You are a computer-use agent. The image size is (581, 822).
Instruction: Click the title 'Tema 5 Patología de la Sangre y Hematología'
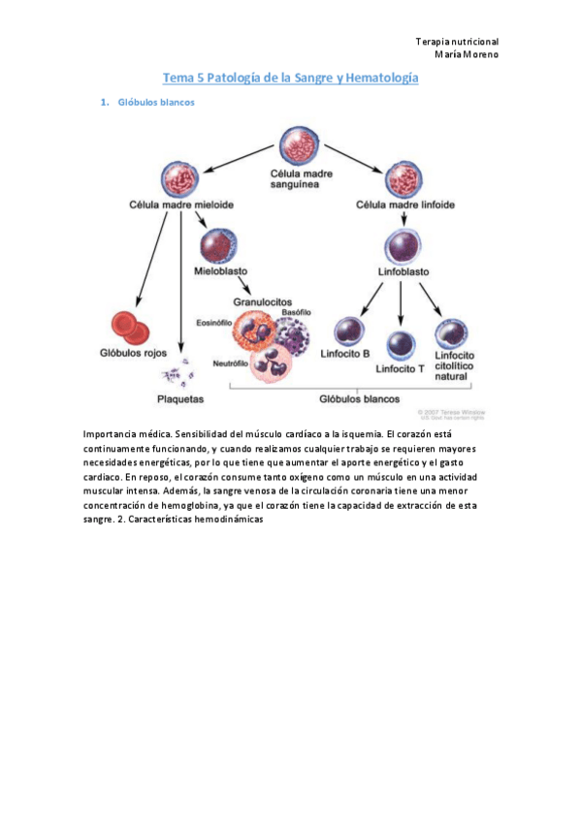[289, 78]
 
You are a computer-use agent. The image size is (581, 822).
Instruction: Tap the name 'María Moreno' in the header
[465, 54]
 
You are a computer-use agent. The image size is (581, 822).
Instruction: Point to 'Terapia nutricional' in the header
[457, 42]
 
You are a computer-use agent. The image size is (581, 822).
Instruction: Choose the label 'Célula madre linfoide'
[405, 205]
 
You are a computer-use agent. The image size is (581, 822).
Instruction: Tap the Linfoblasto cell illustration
[403, 246]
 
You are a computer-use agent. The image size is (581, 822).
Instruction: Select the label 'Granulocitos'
[262, 302]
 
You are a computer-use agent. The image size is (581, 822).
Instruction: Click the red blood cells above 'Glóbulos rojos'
[128, 329]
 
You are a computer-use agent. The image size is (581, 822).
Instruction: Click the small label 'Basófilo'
[296, 312]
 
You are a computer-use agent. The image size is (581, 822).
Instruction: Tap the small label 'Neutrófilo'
[231, 363]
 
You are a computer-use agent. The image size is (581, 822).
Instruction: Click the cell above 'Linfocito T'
[403, 345]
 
